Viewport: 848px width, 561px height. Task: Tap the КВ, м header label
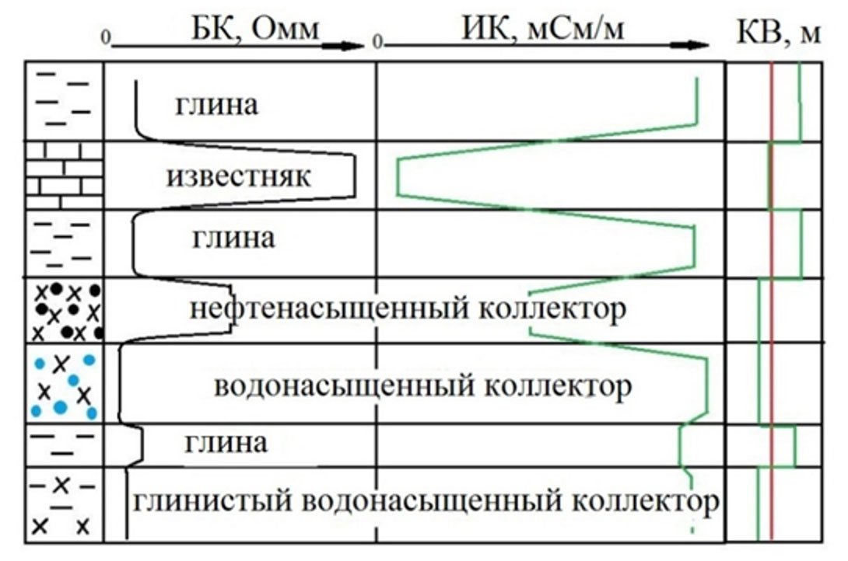778,35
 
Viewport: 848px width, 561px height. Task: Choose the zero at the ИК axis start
377,37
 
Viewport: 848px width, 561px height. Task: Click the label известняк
238,176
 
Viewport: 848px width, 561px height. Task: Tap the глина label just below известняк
233,237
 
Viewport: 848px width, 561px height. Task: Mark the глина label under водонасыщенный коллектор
226,443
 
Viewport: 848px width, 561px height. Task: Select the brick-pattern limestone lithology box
64,176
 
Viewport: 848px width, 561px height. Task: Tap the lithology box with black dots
64,311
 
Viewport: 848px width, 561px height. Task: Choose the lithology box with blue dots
64,384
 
